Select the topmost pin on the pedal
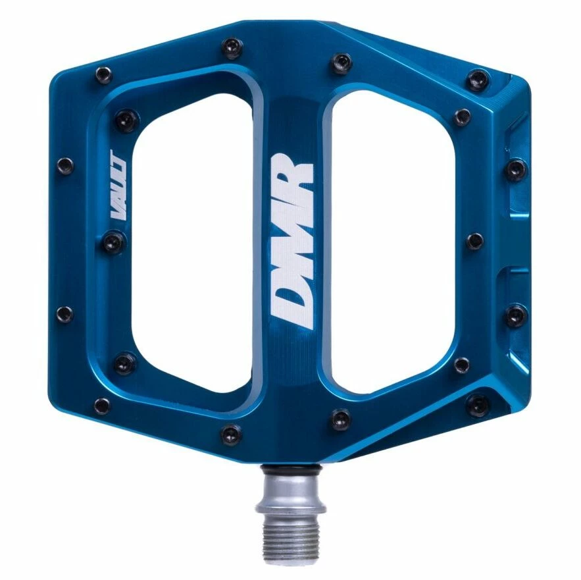pos(232,46)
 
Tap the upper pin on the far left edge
pos(64,165)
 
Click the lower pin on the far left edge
pos(64,314)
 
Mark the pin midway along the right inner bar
pos(473,241)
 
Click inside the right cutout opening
pos(388,244)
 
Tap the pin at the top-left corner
pos(103,74)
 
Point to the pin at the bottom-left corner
pos(102,405)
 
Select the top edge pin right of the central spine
pos(341,62)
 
